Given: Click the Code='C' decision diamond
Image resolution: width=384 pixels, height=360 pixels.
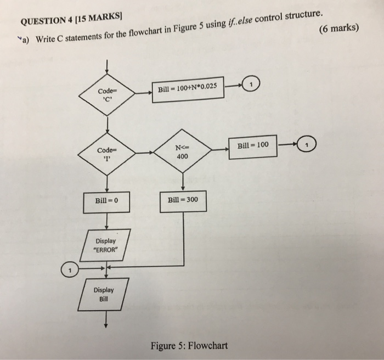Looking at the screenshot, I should [108, 94].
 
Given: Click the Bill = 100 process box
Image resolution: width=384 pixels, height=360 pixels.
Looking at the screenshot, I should [253, 146].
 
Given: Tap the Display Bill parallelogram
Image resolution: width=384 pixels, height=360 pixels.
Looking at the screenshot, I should [103, 295].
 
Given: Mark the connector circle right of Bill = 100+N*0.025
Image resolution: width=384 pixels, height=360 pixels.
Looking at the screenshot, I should [251, 85].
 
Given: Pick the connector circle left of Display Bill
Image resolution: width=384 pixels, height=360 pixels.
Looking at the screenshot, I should [69, 270].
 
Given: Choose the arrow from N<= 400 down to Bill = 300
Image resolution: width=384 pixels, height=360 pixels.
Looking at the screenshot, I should [183, 179].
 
